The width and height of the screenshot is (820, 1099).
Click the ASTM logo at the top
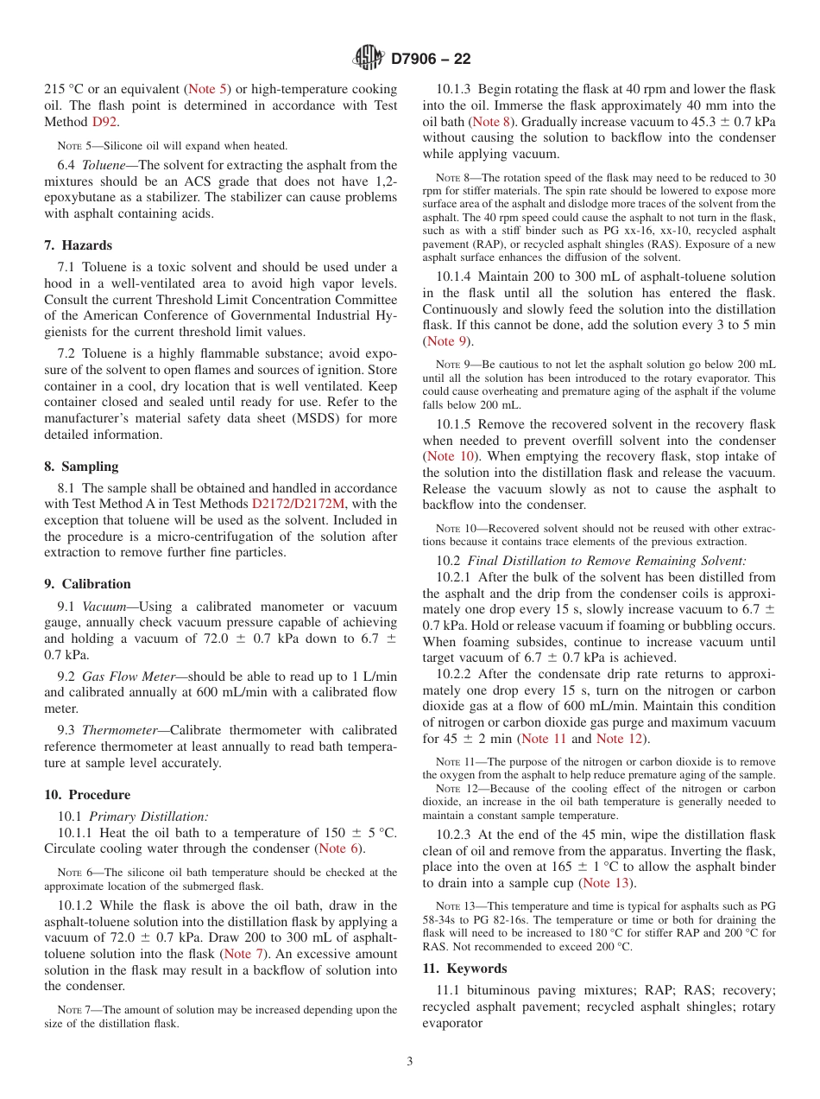[x=369, y=58]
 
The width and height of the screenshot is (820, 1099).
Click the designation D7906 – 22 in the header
[x=431, y=59]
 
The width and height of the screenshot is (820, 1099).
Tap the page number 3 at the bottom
[x=410, y=1061]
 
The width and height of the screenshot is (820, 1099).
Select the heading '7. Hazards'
[x=78, y=245]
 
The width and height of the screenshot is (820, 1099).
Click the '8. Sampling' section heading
[x=81, y=467]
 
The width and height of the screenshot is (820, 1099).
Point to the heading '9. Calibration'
[x=87, y=584]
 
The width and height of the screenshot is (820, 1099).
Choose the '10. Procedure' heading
[x=87, y=795]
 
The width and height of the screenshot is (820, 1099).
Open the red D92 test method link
[x=105, y=122]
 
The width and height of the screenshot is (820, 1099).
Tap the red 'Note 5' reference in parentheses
[x=208, y=89]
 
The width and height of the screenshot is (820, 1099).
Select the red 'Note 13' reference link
[x=607, y=883]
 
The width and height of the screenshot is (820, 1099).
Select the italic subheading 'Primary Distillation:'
[x=148, y=816]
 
